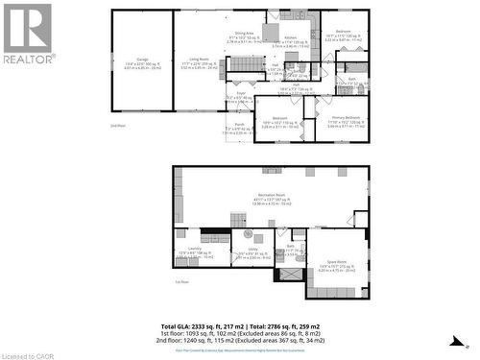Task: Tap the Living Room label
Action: click(x=199, y=60)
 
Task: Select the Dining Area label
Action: click(x=244, y=33)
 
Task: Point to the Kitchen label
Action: click(x=291, y=37)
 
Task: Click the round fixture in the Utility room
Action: click(x=248, y=234)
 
